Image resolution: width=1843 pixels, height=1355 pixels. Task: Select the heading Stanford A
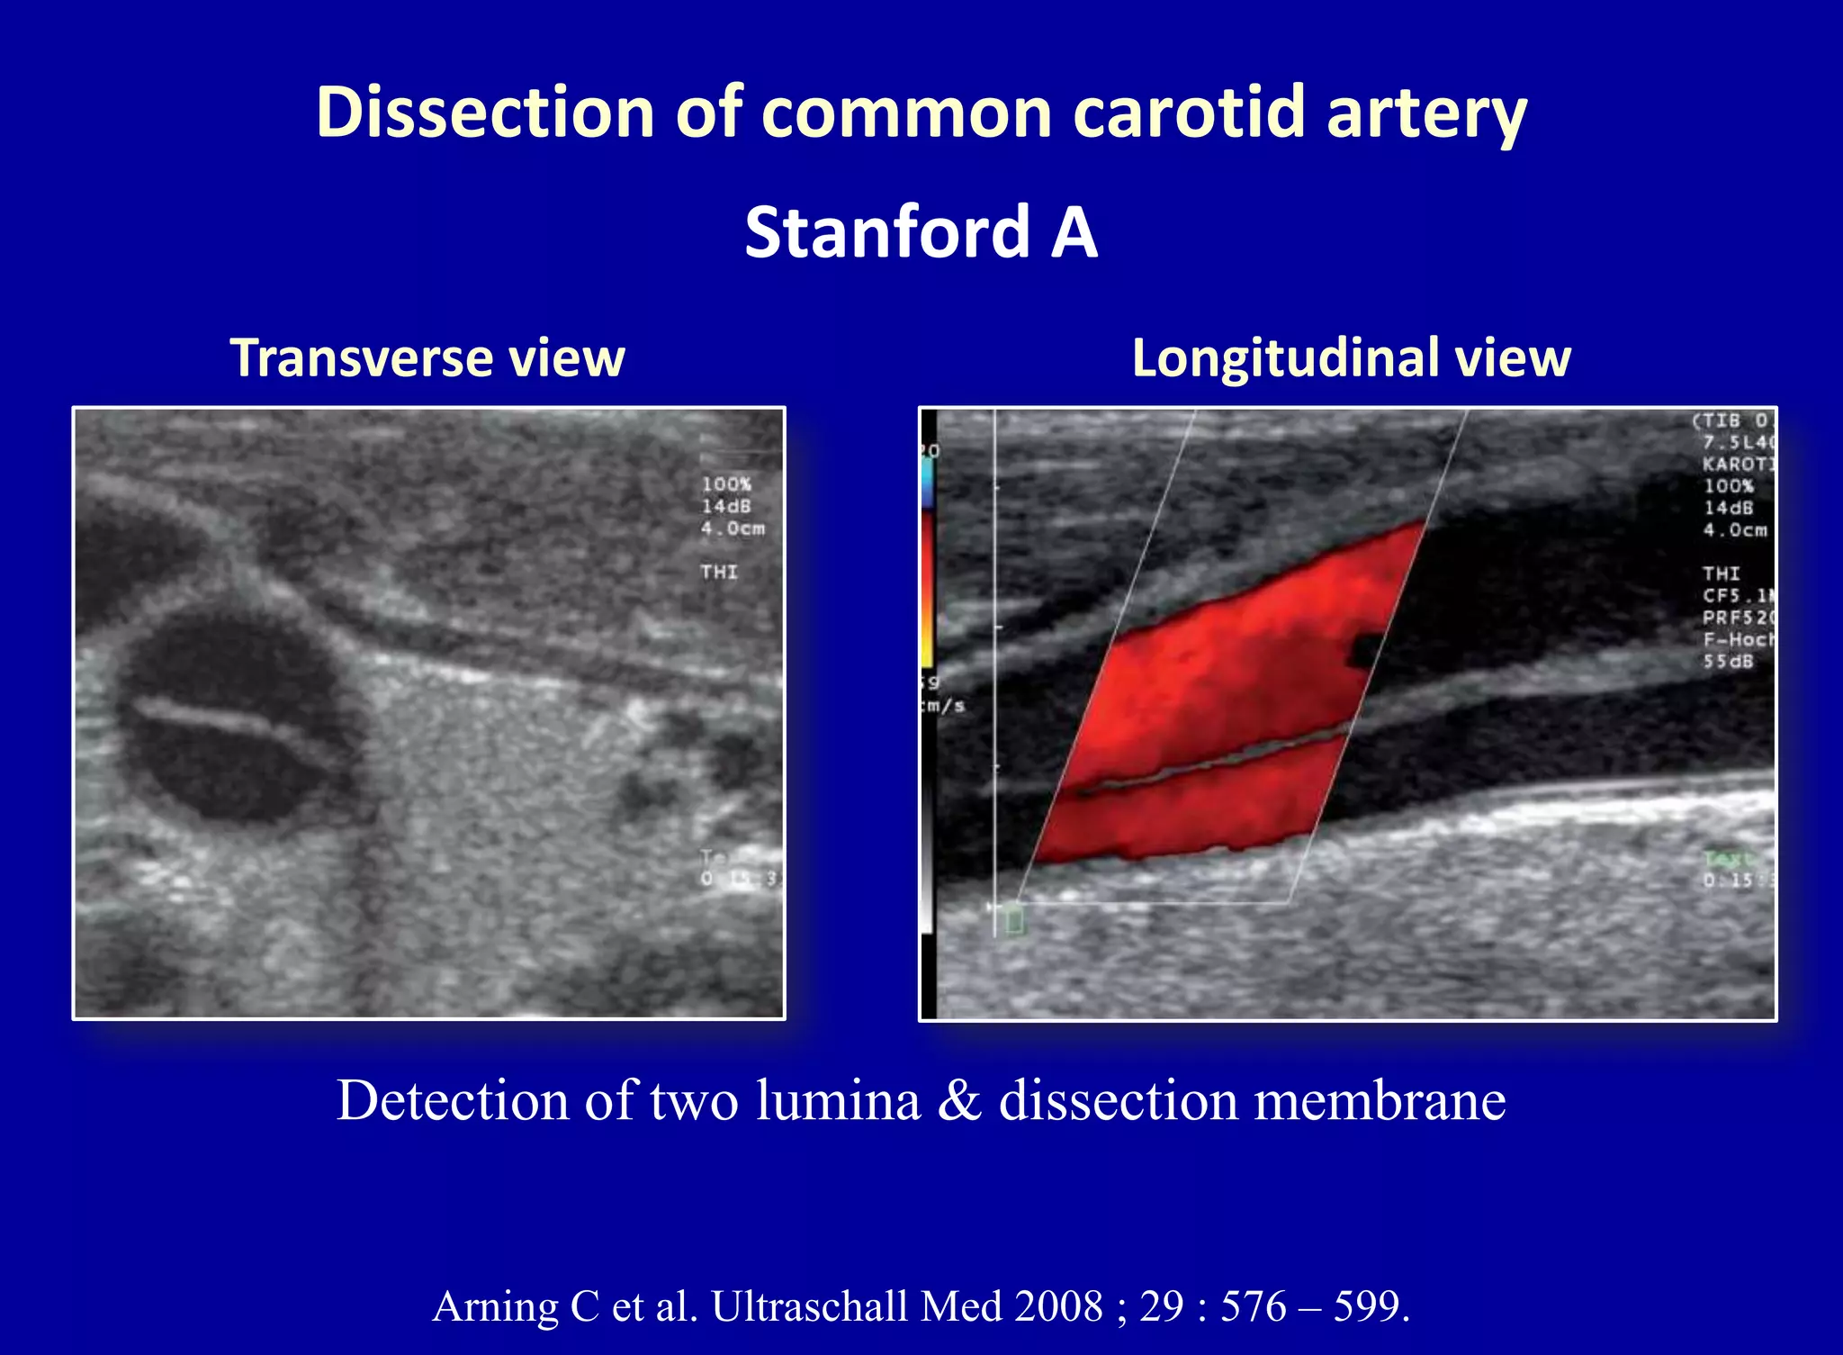[x=921, y=232]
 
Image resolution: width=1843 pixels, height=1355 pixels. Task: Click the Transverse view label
[x=427, y=357]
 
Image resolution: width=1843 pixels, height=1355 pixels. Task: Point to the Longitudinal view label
[x=1351, y=357]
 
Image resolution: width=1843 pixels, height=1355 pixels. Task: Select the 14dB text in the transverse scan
[x=726, y=506]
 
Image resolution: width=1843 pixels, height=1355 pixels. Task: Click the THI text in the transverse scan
[x=719, y=572]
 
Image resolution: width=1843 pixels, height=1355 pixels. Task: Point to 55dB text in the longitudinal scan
[x=1728, y=662]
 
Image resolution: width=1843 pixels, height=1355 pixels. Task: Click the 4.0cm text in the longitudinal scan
[x=1735, y=529]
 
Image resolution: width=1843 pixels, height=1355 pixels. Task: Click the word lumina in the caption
[x=838, y=1100]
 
